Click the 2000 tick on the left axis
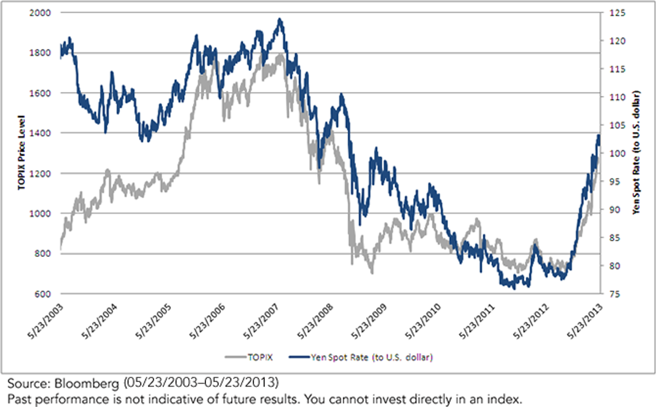coord(40,13)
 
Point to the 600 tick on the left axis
coord(43,294)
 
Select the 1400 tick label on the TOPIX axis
coord(40,133)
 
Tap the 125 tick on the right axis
coord(617,13)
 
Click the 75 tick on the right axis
coord(614,294)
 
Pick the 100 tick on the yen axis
coord(617,154)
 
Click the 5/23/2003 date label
coord(46,321)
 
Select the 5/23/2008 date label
coord(316,321)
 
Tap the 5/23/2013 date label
coord(585,321)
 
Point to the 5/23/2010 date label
coord(424,321)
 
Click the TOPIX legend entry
coord(249,357)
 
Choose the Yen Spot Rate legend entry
coord(361,357)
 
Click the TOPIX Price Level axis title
coord(21,153)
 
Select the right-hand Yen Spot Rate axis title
coord(636,153)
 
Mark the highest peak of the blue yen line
coord(280,19)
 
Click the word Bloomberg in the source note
coord(86,384)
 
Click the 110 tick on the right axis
coord(617,97)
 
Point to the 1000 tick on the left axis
coord(40,214)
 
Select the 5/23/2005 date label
coord(154,321)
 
